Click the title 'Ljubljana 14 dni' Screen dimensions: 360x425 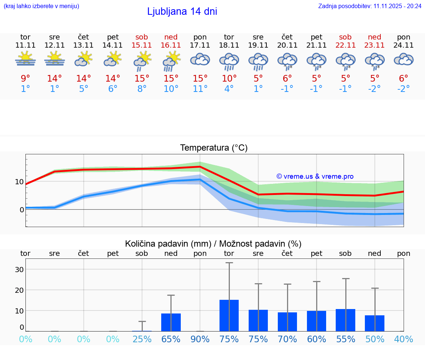[182, 11]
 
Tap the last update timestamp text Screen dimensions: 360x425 [370, 6]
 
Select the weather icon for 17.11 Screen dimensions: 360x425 [200, 59]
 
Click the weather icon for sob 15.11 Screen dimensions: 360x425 [142, 61]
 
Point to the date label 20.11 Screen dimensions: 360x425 [287, 45]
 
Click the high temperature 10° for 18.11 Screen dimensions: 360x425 [229, 79]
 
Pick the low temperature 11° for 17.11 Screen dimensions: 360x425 [200, 89]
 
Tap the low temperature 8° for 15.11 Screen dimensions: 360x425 [142, 89]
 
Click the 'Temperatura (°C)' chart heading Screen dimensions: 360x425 [214, 148]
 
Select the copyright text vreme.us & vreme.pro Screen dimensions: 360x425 [315, 176]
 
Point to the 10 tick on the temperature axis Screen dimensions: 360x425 [19, 182]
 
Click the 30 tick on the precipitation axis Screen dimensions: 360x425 [19, 270]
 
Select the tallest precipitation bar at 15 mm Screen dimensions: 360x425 [229, 315]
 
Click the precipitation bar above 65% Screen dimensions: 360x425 [171, 322]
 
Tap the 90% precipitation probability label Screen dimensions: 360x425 [200, 339]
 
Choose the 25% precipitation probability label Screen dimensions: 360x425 [142, 339]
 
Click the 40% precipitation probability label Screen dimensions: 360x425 [404, 339]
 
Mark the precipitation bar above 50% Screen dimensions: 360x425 [374, 323]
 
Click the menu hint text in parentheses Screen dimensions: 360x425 [41, 6]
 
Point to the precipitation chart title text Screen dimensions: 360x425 [213, 244]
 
